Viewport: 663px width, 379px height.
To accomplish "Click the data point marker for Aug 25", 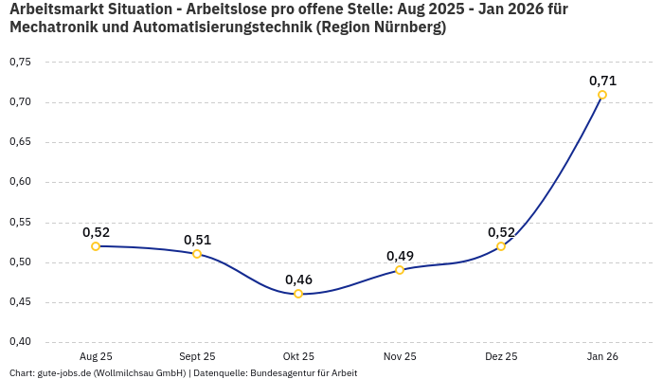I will pos(96,246).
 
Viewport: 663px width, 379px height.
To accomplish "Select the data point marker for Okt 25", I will pos(298,294).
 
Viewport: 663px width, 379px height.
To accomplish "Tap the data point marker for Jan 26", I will pos(602,95).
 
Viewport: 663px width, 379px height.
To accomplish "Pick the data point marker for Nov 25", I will pos(400,270).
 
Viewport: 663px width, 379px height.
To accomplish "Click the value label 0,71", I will pos(602,81).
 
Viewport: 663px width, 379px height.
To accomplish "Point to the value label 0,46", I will pos(298,280).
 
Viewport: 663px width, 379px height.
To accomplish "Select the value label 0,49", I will pos(400,256).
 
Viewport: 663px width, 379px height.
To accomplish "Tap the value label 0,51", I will pos(197,240).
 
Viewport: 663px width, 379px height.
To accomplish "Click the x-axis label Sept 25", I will pos(197,356).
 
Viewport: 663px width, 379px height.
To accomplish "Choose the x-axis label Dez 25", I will pos(501,356).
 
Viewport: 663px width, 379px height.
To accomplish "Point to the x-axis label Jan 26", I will pos(602,356).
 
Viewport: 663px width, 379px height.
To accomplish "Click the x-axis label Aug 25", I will pos(96,356).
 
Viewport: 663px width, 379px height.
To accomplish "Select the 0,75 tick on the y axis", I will pos(20,63).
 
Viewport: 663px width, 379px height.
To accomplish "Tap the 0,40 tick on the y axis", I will pos(20,342).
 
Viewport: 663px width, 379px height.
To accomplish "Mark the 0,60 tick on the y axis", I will pos(20,182).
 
